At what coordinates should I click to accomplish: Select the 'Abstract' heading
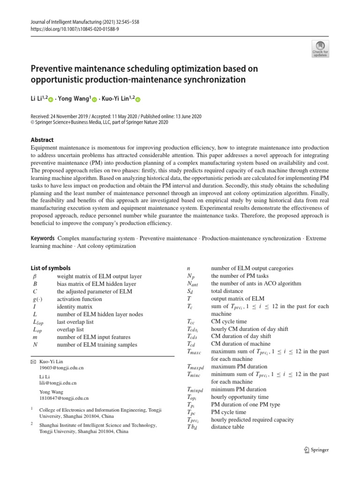point(42,140)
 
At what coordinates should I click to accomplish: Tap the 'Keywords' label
point(43,239)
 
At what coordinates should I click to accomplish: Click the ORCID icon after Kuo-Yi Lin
point(138,99)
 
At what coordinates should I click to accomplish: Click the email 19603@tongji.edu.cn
point(62,368)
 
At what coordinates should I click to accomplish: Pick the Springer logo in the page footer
point(317,450)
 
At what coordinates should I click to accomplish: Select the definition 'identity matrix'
point(75,307)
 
